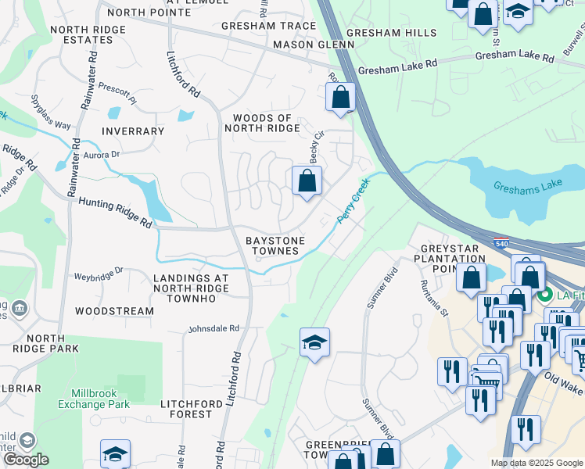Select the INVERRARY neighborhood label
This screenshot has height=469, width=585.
pyautogui.click(x=133, y=131)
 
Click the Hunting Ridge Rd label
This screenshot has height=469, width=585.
pyautogui.click(x=115, y=212)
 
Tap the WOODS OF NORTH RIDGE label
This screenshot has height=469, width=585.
pyautogui.click(x=263, y=124)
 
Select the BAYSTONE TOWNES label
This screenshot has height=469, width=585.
pyautogui.click(x=273, y=245)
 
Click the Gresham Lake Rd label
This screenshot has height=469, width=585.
pyautogui.click(x=397, y=70)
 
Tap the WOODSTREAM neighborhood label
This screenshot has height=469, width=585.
pyautogui.click(x=115, y=311)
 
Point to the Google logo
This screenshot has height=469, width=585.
pyautogui.click(x=27, y=460)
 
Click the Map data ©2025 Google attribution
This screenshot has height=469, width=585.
pyautogui.click(x=537, y=463)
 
